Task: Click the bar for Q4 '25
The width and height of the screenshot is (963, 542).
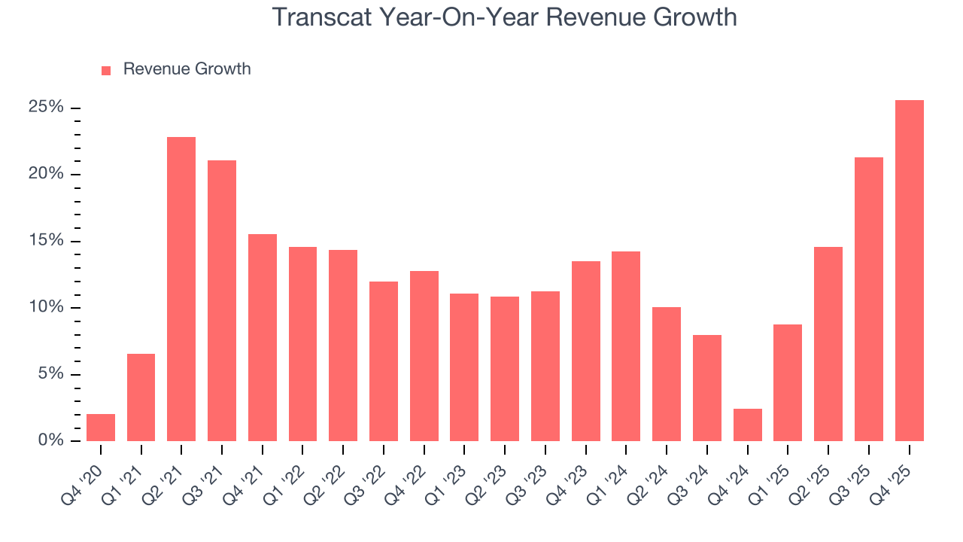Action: click(909, 271)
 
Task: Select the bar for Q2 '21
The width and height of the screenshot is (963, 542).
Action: click(181, 289)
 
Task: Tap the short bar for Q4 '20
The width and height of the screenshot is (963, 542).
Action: click(101, 428)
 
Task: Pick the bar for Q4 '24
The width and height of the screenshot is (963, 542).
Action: click(747, 425)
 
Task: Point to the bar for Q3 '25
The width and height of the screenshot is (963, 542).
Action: click(868, 300)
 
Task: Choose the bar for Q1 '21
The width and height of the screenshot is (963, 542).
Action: click(141, 397)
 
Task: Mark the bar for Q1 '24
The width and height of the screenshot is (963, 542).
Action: click(626, 346)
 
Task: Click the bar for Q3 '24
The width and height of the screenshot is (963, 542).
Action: click(706, 388)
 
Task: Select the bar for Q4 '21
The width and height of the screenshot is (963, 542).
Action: click(263, 338)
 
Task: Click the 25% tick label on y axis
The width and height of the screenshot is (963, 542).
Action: click(46, 108)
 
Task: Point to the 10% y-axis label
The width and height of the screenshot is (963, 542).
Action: click(46, 308)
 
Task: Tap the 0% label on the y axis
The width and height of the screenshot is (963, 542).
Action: click(50, 441)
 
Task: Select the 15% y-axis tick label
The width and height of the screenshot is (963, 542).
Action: click(46, 241)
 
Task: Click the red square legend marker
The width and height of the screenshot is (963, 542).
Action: click(106, 70)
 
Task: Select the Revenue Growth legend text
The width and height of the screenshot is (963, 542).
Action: click(187, 69)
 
